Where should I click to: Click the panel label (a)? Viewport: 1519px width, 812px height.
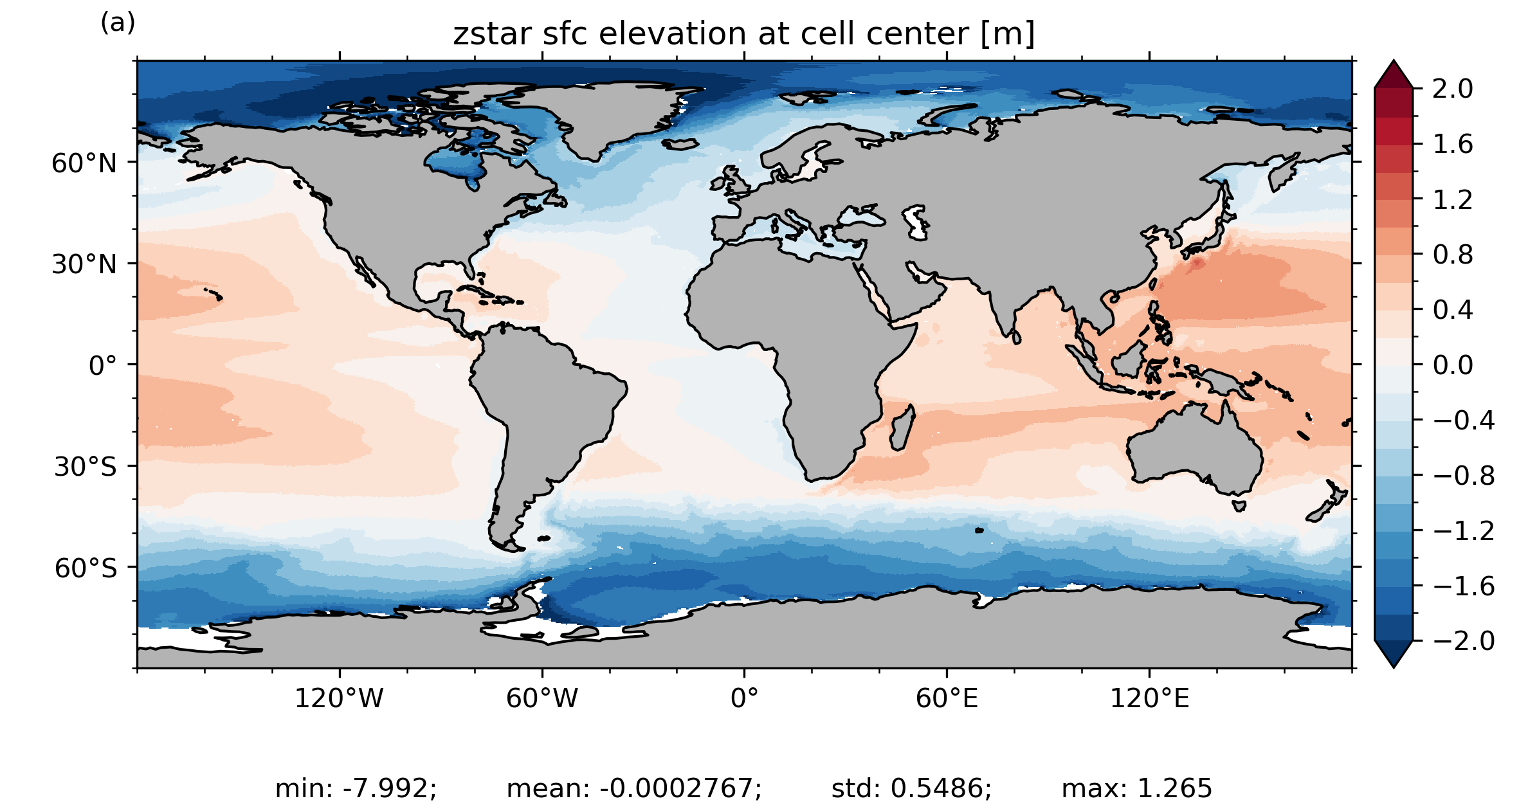[118, 23]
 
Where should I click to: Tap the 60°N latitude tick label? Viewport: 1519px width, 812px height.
[84, 163]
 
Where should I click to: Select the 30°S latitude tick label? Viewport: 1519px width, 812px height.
[86, 467]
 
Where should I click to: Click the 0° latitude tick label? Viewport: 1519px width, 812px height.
[103, 366]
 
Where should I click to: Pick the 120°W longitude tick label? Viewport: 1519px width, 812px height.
[339, 698]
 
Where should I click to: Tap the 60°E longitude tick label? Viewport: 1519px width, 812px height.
[947, 698]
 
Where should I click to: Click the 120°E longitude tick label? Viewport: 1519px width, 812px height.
[1149, 698]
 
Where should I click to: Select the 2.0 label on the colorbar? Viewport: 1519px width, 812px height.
[1452, 89]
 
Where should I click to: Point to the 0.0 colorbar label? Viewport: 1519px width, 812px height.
[1452, 365]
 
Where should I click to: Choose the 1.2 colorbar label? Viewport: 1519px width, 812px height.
[1452, 200]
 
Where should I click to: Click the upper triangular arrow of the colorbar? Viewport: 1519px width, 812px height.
[1394, 75]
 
